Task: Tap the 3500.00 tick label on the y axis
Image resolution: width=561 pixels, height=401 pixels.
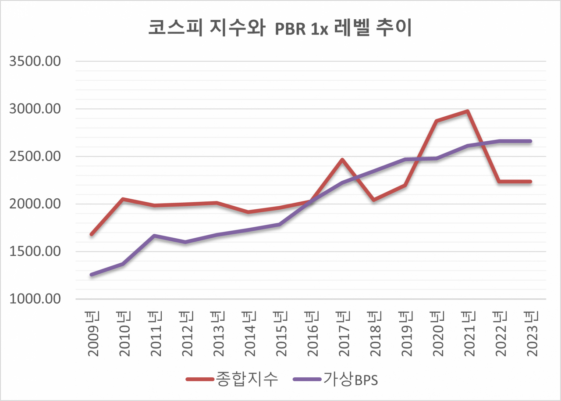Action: tap(35, 61)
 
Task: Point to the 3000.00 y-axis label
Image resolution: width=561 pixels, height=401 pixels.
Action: tap(35, 109)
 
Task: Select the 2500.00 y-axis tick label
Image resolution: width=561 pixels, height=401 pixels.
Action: tap(35, 157)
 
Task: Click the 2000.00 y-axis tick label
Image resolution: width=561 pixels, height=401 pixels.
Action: tap(35, 204)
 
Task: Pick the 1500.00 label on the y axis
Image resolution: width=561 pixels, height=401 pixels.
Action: tap(35, 252)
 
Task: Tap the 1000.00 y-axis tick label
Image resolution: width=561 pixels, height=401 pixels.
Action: tap(35, 299)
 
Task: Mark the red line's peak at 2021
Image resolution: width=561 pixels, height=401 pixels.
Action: tap(468, 111)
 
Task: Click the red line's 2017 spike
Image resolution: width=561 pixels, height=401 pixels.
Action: tap(342, 160)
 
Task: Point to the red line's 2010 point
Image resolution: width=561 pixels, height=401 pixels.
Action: tap(123, 199)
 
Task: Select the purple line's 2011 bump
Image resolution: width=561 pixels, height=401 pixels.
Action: tap(154, 236)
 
